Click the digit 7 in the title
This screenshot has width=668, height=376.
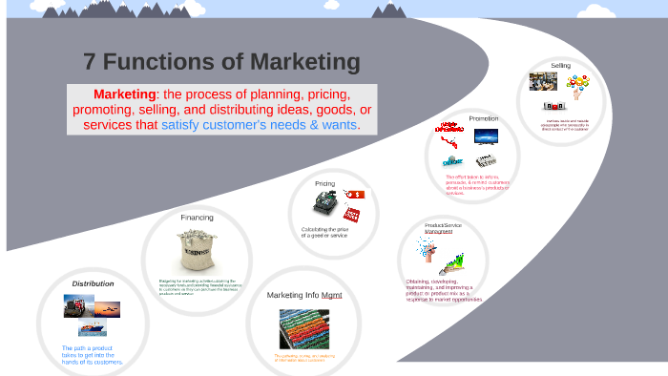(x=90, y=63)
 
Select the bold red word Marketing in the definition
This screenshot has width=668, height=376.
(x=124, y=94)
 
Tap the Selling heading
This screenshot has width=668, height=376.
(x=561, y=65)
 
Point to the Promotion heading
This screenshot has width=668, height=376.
(x=483, y=118)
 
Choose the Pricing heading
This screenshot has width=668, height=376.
(x=324, y=183)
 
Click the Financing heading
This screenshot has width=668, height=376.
(x=197, y=217)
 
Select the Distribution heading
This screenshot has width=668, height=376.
(x=93, y=283)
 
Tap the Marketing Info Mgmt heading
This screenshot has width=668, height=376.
(x=303, y=295)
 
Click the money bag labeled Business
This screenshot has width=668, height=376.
(x=197, y=251)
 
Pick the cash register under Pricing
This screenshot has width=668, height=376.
(x=324, y=204)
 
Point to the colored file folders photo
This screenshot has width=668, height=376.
(x=303, y=328)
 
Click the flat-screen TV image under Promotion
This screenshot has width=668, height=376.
(x=486, y=136)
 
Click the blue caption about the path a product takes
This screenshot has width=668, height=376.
(x=92, y=355)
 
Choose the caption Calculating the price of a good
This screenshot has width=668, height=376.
(x=324, y=232)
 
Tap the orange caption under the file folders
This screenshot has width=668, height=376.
(x=303, y=358)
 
